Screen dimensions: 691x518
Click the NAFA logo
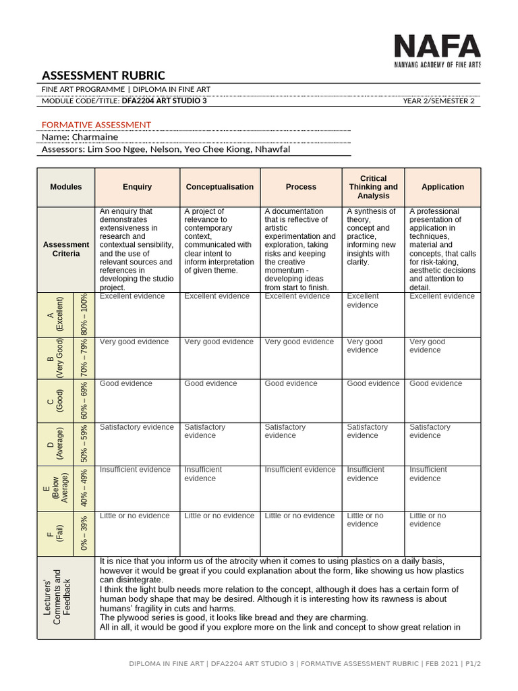[x=436, y=51]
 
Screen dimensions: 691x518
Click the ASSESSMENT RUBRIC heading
[x=103, y=75]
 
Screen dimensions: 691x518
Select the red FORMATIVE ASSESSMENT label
[x=96, y=125]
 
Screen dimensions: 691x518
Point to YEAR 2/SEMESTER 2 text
[x=438, y=101]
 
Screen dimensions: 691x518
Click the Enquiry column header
[x=137, y=187]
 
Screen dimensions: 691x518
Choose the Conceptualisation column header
[x=220, y=187]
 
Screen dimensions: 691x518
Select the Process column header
[x=301, y=187]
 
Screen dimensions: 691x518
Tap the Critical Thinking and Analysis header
[x=373, y=187]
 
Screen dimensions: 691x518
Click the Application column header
[x=442, y=187]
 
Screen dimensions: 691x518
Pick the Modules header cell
[x=66, y=187]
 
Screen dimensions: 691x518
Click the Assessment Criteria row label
[x=66, y=249]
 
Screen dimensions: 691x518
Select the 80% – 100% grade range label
[x=85, y=314]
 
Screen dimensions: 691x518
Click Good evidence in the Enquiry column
[x=126, y=383]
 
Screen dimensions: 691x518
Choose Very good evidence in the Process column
[x=299, y=341]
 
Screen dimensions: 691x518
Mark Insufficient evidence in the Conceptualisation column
[x=203, y=474]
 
